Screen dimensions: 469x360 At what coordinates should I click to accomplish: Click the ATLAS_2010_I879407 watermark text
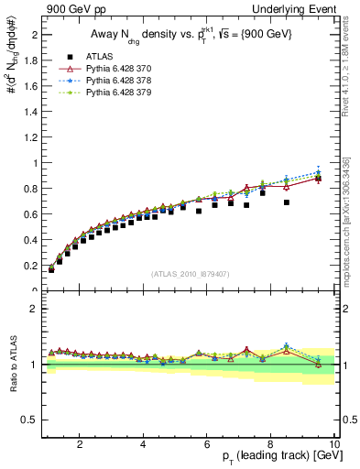(x=190, y=274)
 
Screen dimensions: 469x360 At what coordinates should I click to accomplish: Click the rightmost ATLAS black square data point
(x=318, y=179)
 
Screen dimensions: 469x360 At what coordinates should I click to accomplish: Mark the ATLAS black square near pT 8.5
(x=287, y=202)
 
